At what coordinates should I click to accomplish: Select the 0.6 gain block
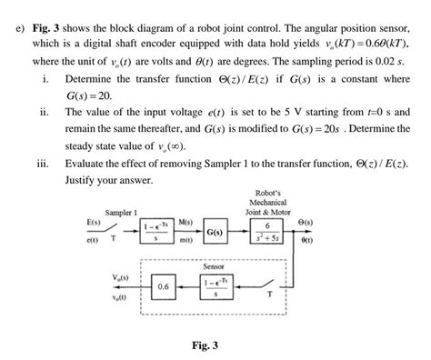(163, 286)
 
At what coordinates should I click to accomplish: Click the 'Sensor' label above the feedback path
(214, 266)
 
